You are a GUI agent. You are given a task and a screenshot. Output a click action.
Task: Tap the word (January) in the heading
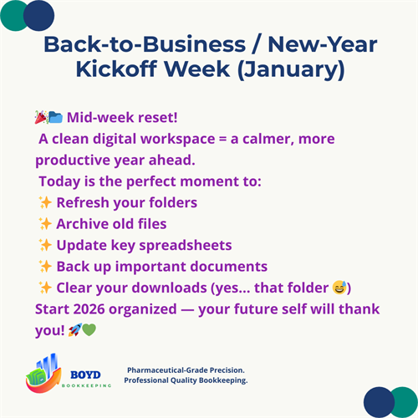pyautogui.click(x=285, y=69)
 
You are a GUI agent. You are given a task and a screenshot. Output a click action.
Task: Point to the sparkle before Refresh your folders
pyautogui.click(x=45, y=202)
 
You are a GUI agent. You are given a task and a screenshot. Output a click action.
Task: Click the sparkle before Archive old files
pyautogui.click(x=45, y=224)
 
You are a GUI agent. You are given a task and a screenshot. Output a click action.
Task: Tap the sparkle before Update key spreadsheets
pyautogui.click(x=45, y=246)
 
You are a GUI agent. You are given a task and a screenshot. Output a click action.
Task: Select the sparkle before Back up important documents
pyautogui.click(x=45, y=267)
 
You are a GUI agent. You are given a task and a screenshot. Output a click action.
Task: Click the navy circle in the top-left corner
pyautogui.click(x=38, y=14)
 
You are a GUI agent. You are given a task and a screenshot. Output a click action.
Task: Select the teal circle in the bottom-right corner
pyautogui.click(x=404, y=402)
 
